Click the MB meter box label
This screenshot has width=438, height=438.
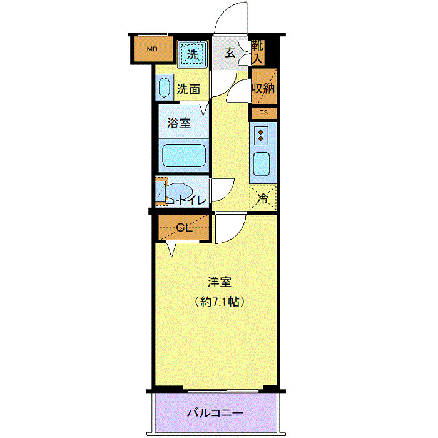tap(151, 49)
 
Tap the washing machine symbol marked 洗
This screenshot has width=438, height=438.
tap(193, 54)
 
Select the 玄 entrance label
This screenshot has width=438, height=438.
tap(230, 53)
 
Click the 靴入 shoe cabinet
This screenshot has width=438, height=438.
tap(257, 53)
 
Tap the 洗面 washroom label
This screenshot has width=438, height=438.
tap(188, 89)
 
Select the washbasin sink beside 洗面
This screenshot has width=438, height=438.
tap(165, 88)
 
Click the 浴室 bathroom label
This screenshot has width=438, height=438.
tap(179, 123)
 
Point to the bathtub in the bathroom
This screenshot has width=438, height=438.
tap(184, 155)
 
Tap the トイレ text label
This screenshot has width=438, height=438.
tap(190, 201)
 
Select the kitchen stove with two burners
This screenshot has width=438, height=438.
tap(262, 135)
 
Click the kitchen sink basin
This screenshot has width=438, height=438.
tap(261, 165)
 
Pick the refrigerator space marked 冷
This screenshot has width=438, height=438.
tap(263, 198)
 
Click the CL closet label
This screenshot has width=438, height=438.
tap(183, 227)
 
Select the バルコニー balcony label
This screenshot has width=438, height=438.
tap(215, 413)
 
